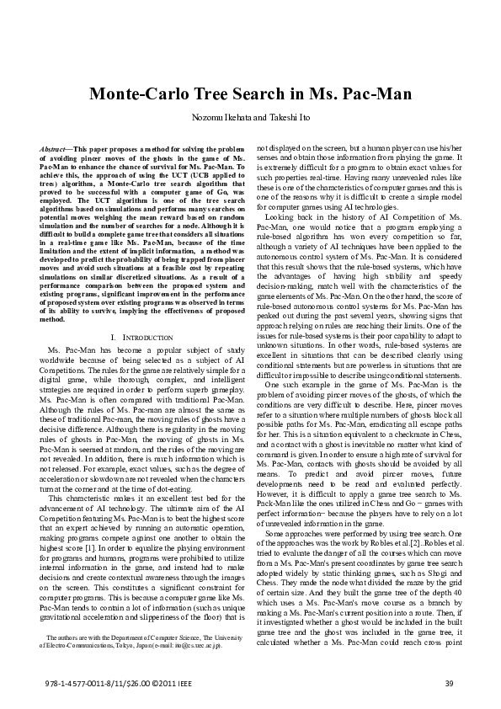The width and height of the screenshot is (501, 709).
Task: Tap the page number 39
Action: [450, 681]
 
